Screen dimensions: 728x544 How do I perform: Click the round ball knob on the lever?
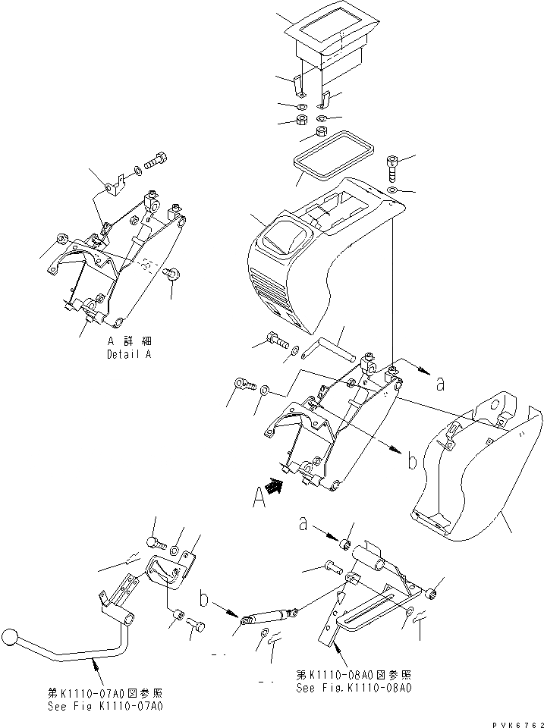10,637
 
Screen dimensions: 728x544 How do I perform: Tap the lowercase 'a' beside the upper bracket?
439,384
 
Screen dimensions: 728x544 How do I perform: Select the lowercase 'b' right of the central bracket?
411,460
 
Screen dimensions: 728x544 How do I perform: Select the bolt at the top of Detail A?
158,160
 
